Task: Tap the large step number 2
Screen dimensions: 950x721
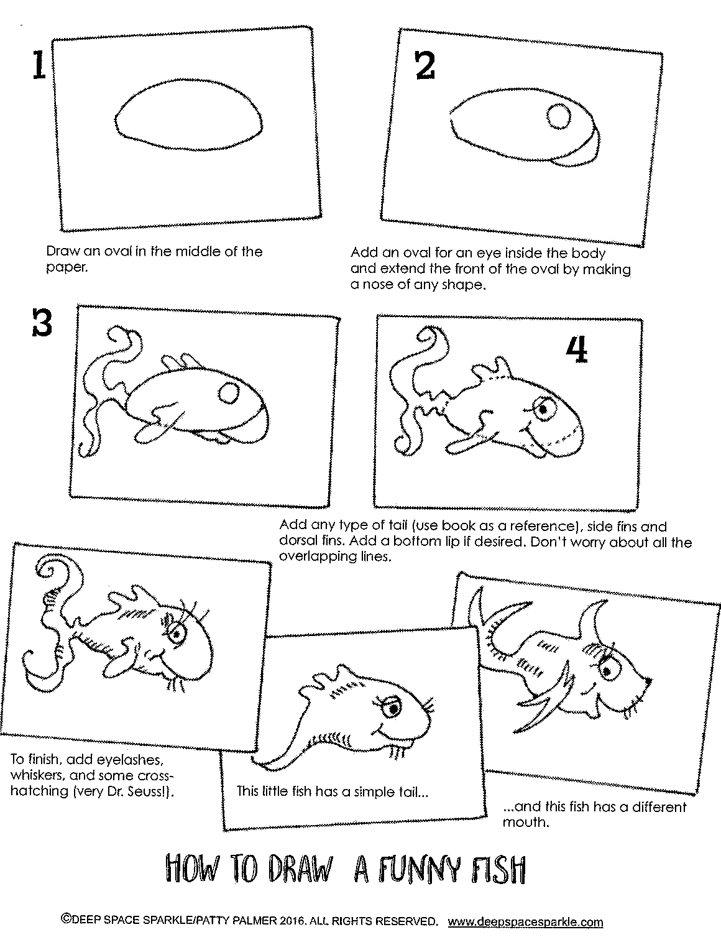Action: click(x=425, y=66)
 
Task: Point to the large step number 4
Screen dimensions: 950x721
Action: click(x=576, y=351)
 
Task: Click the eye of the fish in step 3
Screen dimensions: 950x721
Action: click(x=228, y=392)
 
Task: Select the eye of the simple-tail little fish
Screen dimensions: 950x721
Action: click(x=394, y=708)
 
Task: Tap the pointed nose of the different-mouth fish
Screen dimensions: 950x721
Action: click(x=647, y=681)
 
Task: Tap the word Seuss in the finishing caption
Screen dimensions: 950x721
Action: click(x=145, y=791)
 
